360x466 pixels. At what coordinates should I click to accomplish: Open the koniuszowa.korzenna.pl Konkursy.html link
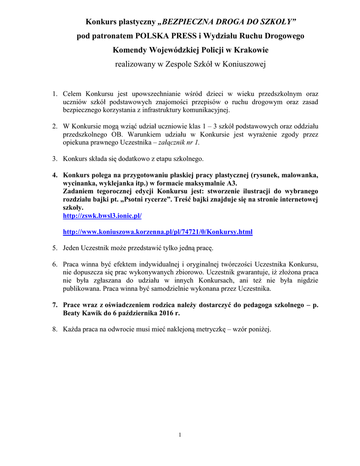tap(157, 232)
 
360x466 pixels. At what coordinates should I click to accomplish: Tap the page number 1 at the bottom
tap(180, 435)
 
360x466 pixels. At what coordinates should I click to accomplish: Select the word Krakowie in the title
tap(249, 50)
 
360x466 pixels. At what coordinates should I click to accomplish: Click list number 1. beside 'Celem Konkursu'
tap(54, 94)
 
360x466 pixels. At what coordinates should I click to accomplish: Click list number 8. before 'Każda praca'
tap(54, 330)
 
